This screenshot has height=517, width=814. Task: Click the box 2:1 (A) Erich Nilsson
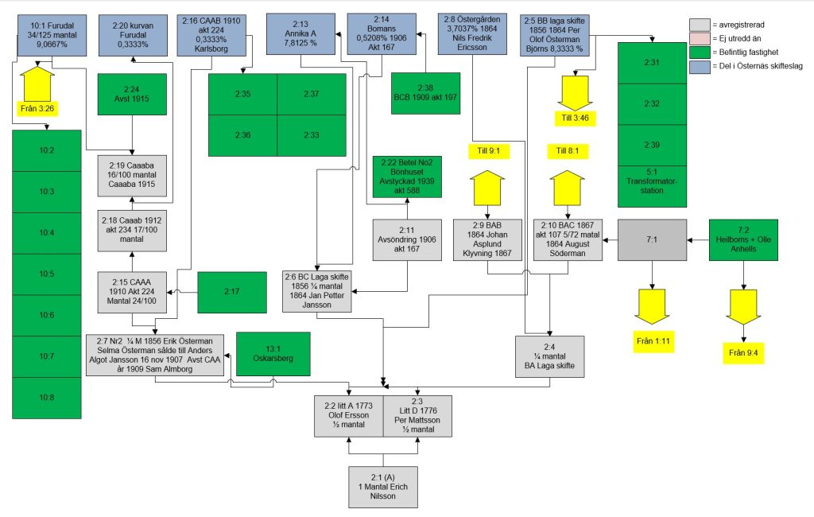[x=383, y=486]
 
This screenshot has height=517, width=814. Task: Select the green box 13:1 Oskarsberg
[x=273, y=353]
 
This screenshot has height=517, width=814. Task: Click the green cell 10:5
[x=47, y=274]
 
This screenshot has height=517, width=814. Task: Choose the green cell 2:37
[x=311, y=94]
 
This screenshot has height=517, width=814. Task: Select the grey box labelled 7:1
[x=651, y=239]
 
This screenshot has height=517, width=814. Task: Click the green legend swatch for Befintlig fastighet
[x=700, y=52]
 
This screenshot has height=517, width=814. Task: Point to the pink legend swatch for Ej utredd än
[x=700, y=39]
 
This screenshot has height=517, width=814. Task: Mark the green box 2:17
[x=231, y=292]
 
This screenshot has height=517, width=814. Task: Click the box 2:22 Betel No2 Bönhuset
[x=407, y=176]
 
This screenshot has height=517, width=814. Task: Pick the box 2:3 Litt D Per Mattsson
[x=417, y=415]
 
